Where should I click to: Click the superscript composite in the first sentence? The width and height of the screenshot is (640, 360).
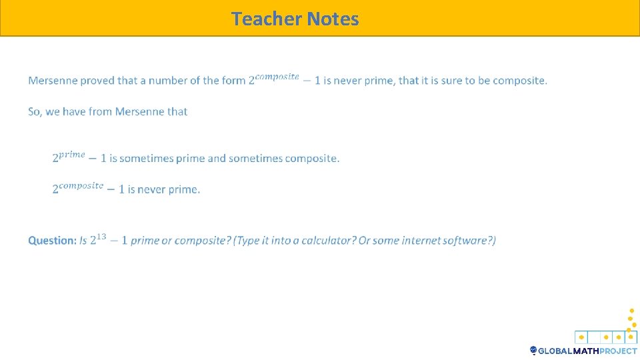click(277, 76)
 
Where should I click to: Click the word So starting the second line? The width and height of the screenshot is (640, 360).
click(34, 112)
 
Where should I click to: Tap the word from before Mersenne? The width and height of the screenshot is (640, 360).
click(99, 112)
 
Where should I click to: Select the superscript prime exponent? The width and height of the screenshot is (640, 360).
click(72, 154)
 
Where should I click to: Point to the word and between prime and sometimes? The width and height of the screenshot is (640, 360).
click(217, 159)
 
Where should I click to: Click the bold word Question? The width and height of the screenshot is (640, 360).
click(52, 241)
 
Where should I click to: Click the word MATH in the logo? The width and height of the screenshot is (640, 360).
click(584, 351)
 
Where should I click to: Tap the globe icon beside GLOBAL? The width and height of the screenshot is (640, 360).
click(533, 350)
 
